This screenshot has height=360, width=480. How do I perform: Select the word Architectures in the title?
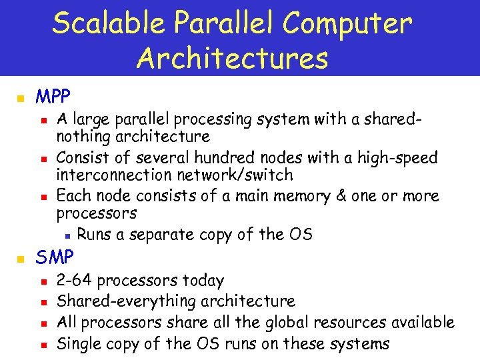[x=233, y=58]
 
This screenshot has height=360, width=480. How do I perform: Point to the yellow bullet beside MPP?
[x=20, y=99]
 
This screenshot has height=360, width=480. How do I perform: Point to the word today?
[x=204, y=281]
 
